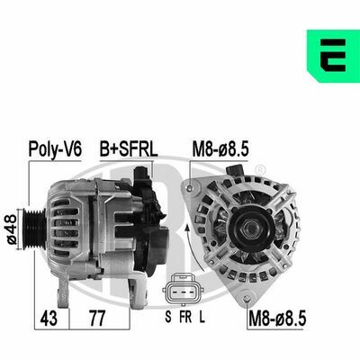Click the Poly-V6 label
(x=55, y=149)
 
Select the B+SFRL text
(x=129, y=149)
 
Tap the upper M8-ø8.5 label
(x=220, y=149)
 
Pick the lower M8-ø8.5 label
(x=277, y=319)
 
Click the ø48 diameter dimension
(x=12, y=229)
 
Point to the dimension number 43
(x=49, y=319)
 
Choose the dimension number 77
(x=97, y=319)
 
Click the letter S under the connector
(x=168, y=317)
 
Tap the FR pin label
(x=185, y=317)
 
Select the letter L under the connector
(x=202, y=317)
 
